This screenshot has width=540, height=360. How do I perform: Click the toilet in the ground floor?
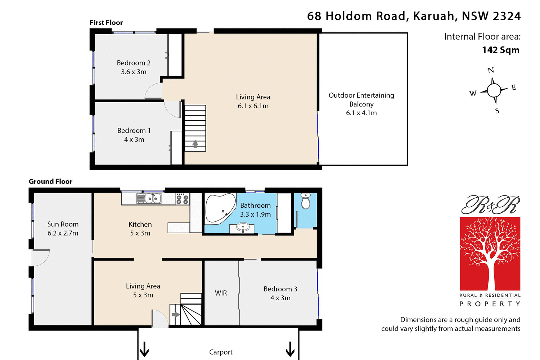306,201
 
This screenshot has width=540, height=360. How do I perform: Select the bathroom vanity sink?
243,228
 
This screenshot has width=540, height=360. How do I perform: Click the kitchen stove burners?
182,199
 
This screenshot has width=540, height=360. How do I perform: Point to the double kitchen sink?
149,198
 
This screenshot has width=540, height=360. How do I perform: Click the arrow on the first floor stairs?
195,144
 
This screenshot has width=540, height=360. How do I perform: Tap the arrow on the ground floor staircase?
176,315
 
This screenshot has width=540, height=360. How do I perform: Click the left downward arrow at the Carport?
144,349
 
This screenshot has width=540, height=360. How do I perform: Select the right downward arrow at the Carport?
290,349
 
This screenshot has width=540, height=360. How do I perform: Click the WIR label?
221,293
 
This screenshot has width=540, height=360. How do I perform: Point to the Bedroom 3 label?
280,289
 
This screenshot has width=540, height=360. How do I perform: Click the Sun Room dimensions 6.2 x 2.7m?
63,233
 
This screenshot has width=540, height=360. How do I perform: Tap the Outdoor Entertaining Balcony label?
361,100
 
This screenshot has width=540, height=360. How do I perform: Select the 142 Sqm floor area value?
500,50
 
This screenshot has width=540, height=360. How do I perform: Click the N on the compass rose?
491,71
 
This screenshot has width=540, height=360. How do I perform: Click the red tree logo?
490,253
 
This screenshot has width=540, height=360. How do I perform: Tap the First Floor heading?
106,23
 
